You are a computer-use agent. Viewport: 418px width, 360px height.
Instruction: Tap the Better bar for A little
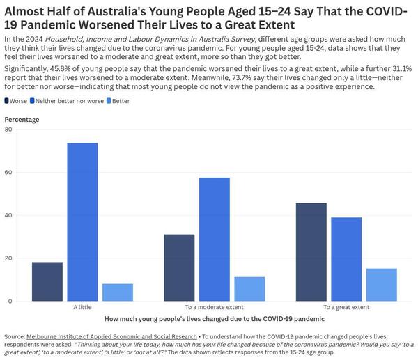point(117,292)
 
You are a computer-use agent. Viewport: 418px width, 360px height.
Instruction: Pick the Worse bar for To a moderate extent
point(180,267)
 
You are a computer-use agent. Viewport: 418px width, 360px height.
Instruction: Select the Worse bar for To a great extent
point(311,251)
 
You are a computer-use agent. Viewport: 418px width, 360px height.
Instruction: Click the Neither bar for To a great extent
point(346,259)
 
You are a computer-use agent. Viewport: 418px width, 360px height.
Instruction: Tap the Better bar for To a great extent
point(381,285)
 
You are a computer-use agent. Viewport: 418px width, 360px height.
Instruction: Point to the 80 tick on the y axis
point(8,130)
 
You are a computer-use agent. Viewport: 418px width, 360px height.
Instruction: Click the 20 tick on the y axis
point(8,258)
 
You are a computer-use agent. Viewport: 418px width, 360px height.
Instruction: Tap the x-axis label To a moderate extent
point(215,307)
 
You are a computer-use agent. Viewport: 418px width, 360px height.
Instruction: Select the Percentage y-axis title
point(22,119)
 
